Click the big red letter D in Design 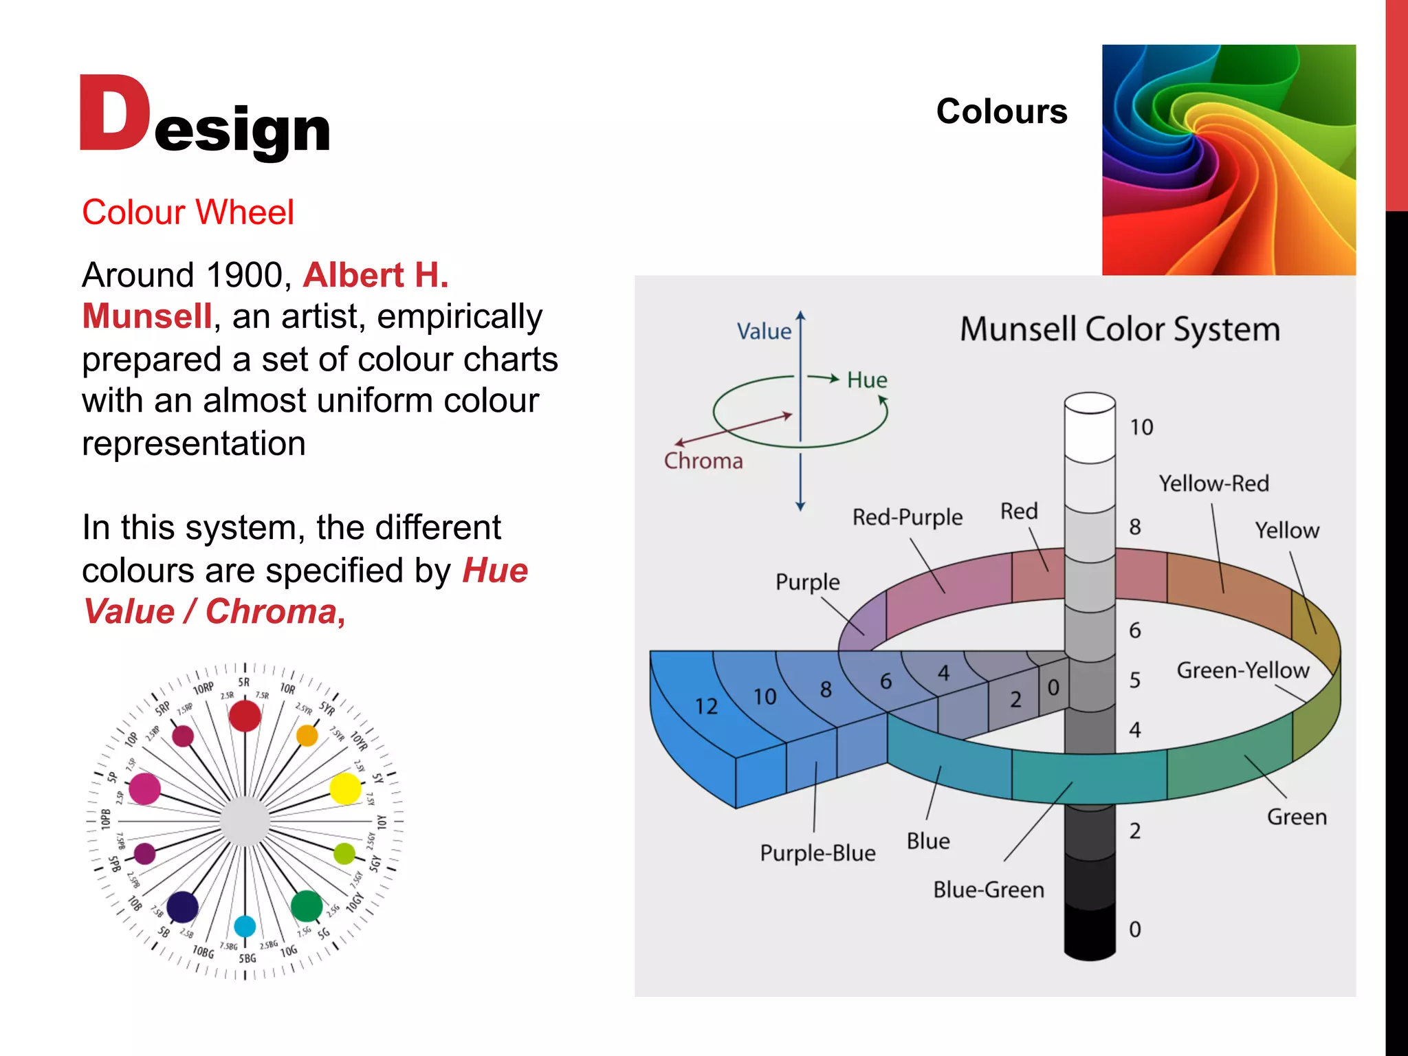click(x=113, y=113)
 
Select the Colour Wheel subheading click(x=188, y=212)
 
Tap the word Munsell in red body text click(x=146, y=317)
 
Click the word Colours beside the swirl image click(x=1001, y=111)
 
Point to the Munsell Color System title click(x=1119, y=329)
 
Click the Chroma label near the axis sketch click(x=703, y=461)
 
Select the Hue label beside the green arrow click(x=866, y=380)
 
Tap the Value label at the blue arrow click(x=763, y=331)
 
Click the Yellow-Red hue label click(x=1213, y=483)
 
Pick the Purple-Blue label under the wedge click(x=817, y=853)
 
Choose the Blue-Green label click(x=988, y=890)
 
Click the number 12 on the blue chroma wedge click(x=706, y=706)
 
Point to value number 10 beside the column click(x=1141, y=428)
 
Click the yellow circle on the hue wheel click(x=345, y=789)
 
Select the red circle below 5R click(x=245, y=716)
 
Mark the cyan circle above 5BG click(x=245, y=926)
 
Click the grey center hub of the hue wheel click(x=245, y=821)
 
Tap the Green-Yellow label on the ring click(x=1242, y=670)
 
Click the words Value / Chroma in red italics click(x=213, y=612)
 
